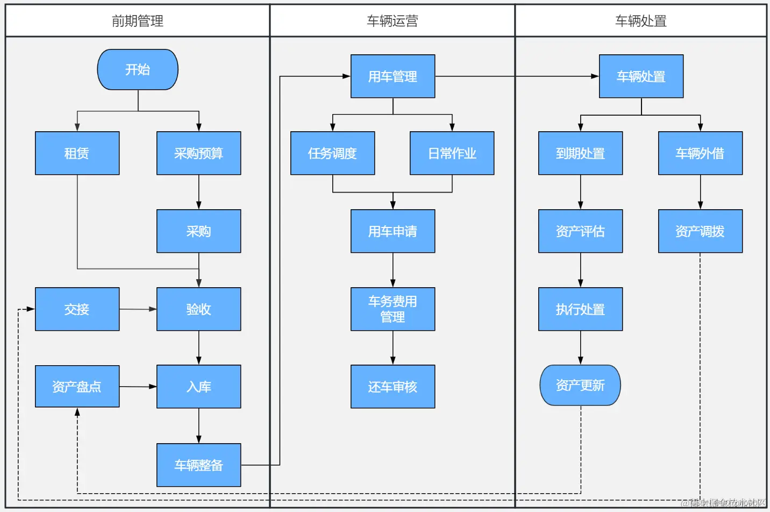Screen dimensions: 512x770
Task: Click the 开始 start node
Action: click(138, 70)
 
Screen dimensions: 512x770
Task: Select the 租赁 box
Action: click(77, 153)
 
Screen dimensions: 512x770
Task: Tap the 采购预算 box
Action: click(198, 153)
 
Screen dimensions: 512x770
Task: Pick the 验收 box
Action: click(198, 309)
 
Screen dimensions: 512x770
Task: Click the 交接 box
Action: click(77, 309)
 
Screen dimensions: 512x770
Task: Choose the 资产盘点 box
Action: click(77, 387)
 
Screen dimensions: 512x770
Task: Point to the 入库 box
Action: click(198, 387)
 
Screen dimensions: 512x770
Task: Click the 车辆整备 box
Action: click(198, 465)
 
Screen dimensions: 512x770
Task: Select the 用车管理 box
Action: click(393, 76)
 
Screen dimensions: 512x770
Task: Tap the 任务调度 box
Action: click(332, 153)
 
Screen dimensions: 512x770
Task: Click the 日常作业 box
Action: click(452, 153)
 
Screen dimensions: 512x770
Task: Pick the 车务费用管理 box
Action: click(393, 309)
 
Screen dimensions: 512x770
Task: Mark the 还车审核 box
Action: click(393, 387)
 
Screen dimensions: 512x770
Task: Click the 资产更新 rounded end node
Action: click(580, 386)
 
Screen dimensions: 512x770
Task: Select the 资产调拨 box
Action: click(700, 231)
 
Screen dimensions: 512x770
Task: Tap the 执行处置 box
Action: click(580, 309)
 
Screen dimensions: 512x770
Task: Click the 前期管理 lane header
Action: click(138, 21)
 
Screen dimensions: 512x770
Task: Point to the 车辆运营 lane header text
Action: click(393, 21)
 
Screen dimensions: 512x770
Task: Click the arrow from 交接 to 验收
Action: click(138, 309)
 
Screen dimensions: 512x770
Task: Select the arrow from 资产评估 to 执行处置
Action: click(580, 270)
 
